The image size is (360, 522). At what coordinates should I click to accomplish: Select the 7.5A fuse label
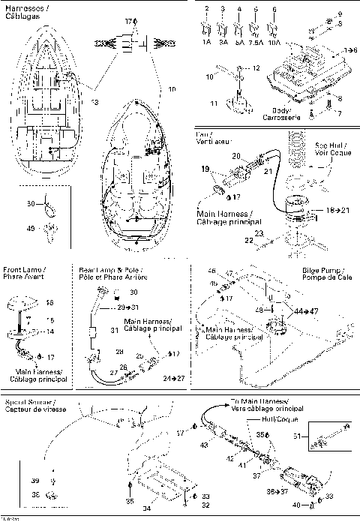tap(256, 43)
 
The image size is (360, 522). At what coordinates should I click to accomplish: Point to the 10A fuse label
tap(275, 43)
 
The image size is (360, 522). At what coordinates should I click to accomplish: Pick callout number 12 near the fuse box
tap(256, 67)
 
